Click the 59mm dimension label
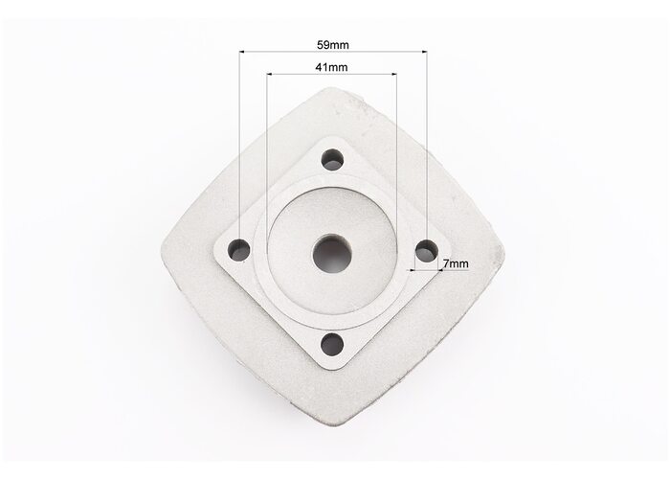(333, 44)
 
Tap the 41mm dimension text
(331, 67)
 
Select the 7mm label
(456, 263)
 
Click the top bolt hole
(333, 160)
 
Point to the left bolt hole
(239, 250)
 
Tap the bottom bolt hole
(332, 345)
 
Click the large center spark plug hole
(332, 254)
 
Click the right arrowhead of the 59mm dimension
(424, 52)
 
